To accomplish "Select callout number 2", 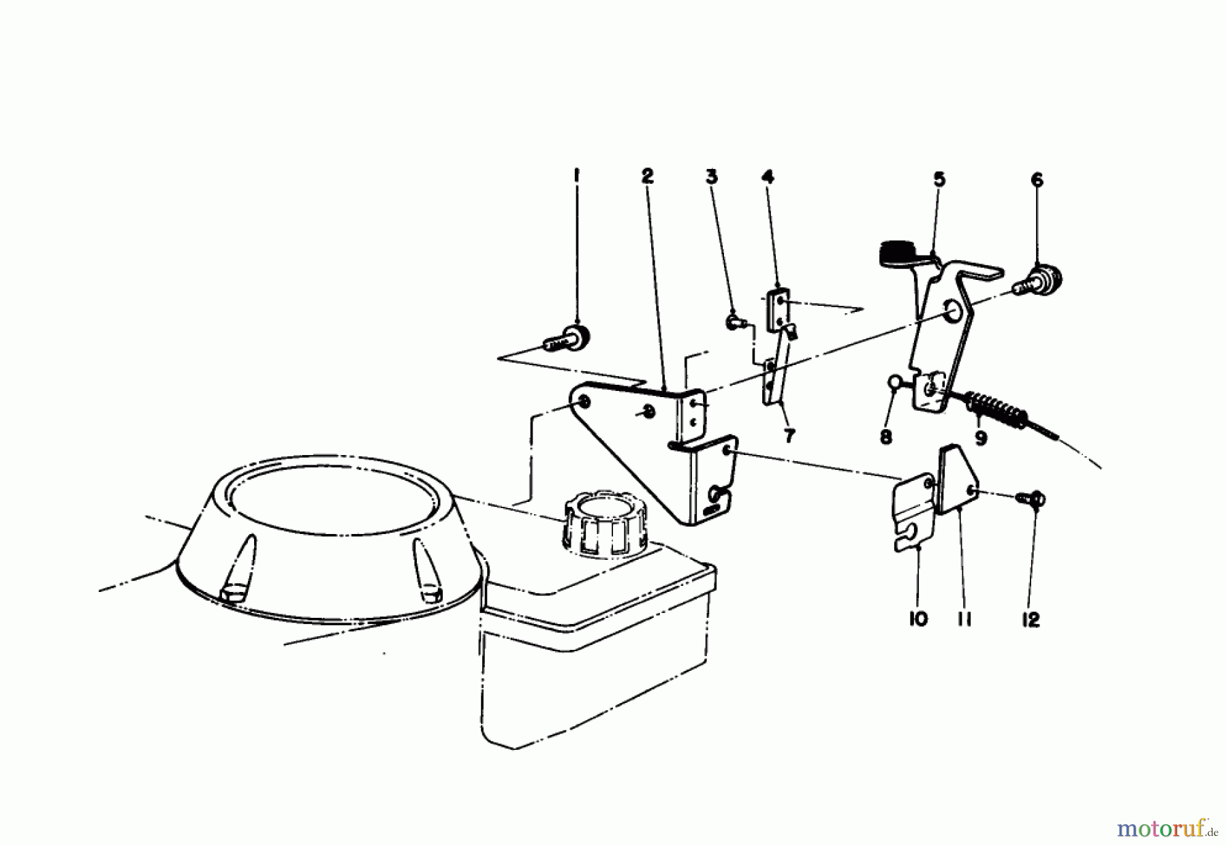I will (x=647, y=176).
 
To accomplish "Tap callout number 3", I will (x=712, y=177).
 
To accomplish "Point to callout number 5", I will (x=939, y=180).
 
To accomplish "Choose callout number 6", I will (x=1037, y=180).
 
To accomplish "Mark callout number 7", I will (x=789, y=437).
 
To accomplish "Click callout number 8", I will (x=886, y=437).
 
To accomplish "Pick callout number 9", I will (x=981, y=438).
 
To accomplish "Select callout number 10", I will (x=918, y=619).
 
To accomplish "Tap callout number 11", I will (x=964, y=619).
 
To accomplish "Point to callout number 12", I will (x=1031, y=620).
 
